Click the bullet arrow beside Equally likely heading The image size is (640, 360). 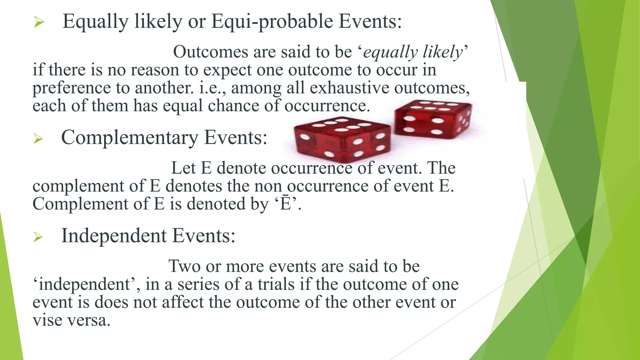pyautogui.click(x=38, y=22)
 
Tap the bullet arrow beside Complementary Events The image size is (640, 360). pyautogui.click(x=38, y=138)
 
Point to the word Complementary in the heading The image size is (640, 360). pyautogui.click(x=130, y=137)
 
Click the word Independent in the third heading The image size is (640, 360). pyautogui.click(x=114, y=236)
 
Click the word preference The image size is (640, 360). pyautogui.click(x=72, y=88)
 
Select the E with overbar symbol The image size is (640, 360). pyautogui.click(x=285, y=204)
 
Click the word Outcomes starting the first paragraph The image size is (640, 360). pyautogui.click(x=211, y=52)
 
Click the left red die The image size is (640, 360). pyautogui.click(x=342, y=139)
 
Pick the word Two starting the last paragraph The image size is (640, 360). pyautogui.click(x=184, y=266)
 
